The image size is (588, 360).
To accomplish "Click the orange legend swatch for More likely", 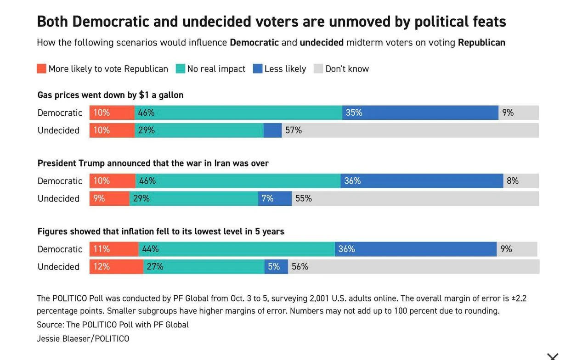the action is tap(41, 68).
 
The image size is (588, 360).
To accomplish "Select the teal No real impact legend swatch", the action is tap(181, 68).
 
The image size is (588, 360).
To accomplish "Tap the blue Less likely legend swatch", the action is tap(258, 68).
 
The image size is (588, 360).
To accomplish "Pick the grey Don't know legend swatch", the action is tap(318, 68).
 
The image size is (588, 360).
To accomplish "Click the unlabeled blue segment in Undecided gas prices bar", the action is tap(272, 130).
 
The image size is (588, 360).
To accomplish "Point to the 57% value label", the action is tap(294, 130).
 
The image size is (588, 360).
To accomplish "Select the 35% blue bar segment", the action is tap(420, 112).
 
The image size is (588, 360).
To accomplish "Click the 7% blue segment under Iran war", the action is tap(275, 198).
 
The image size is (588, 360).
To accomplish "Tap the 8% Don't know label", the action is tap(512, 181).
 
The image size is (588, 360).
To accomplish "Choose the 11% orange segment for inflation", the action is tap(114, 249).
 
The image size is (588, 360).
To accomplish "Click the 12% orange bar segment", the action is tap(116, 267).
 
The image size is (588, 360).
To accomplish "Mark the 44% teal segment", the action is tap(237, 249).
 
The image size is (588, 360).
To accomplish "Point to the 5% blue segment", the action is tap(276, 267).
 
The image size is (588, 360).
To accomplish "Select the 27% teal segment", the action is tap(204, 267).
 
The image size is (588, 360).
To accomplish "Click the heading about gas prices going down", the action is tap(111, 95).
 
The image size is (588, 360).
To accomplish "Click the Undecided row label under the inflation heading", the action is tap(58, 267).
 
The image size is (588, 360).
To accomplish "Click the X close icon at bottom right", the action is tap(553, 357).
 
